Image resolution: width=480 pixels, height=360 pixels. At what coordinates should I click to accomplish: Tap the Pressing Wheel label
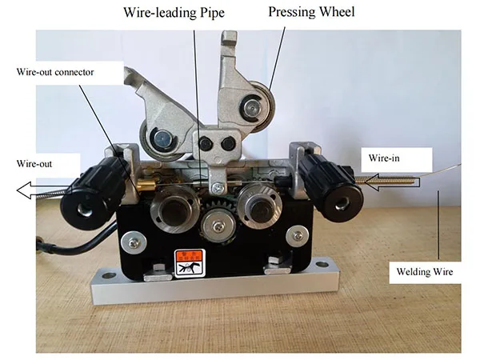coord(312,13)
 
